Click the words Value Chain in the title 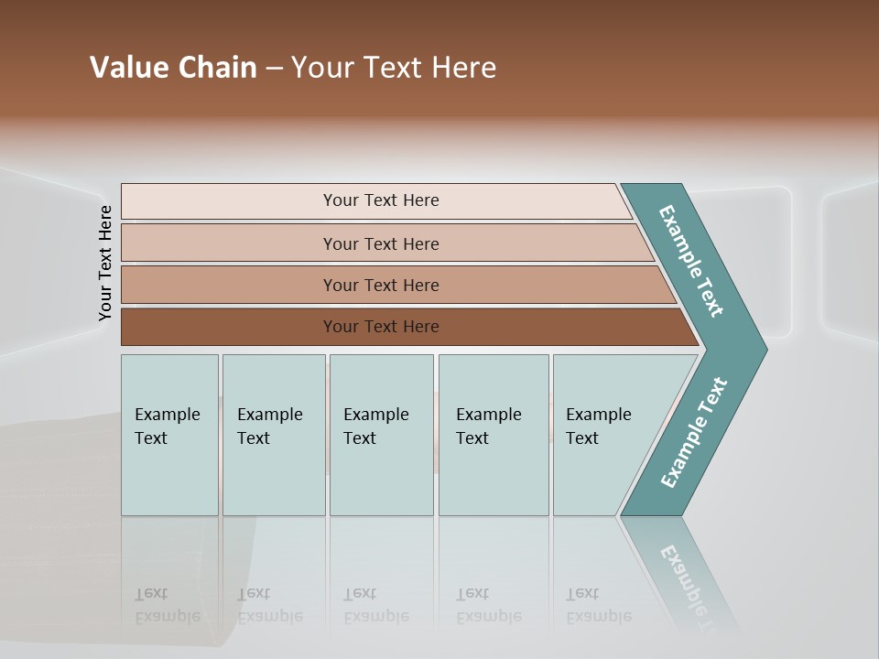[173, 68]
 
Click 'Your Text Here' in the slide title [394, 68]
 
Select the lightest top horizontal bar [229, 201]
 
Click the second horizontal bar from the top [229, 243]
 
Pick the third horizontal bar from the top [229, 285]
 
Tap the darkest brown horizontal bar [229, 327]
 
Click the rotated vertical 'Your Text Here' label [105, 264]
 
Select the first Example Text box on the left [169, 435]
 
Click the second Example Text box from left [273, 435]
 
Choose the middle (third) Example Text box [381, 435]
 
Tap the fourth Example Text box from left [494, 435]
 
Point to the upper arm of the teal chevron [691, 261]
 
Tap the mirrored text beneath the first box [167, 605]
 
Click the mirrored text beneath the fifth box [598, 605]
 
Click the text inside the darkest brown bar [381, 327]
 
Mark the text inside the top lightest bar [381, 200]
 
